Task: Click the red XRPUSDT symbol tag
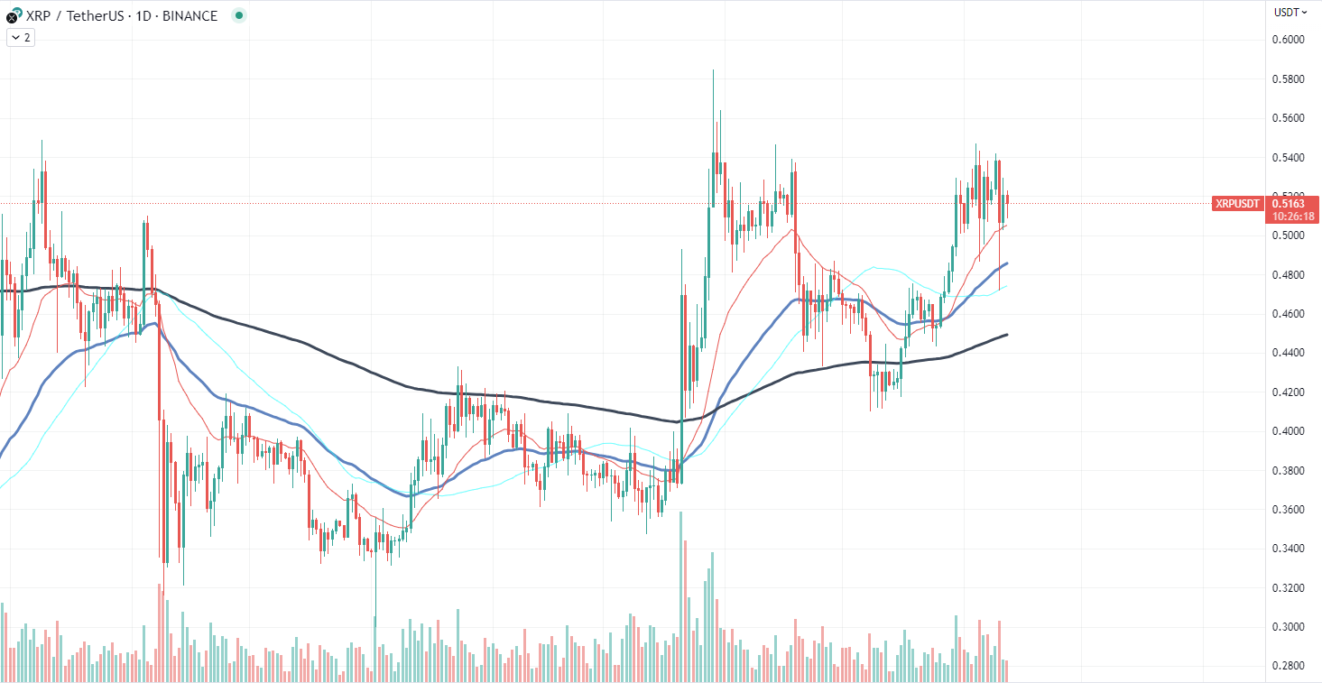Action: click(1237, 204)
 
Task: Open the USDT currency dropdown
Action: click(1290, 12)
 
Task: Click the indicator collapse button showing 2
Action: click(21, 38)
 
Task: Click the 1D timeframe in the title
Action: click(142, 16)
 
